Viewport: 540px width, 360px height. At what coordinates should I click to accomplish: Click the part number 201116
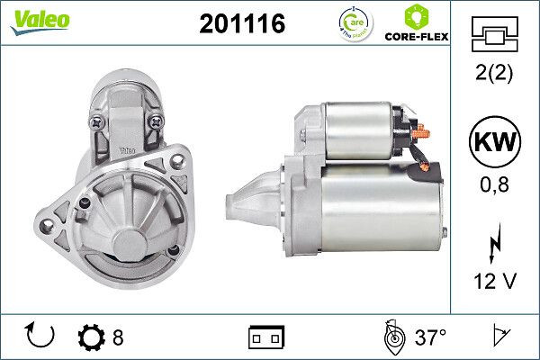tap(240, 24)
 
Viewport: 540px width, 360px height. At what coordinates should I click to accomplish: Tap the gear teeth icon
tap(92, 337)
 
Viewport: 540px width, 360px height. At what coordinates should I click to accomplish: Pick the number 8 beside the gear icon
tap(118, 337)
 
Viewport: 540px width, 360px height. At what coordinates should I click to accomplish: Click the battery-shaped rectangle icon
tap(265, 338)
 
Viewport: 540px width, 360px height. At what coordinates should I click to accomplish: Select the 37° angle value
tap(430, 337)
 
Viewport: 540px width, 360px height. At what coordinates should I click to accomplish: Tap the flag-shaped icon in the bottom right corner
tap(499, 337)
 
